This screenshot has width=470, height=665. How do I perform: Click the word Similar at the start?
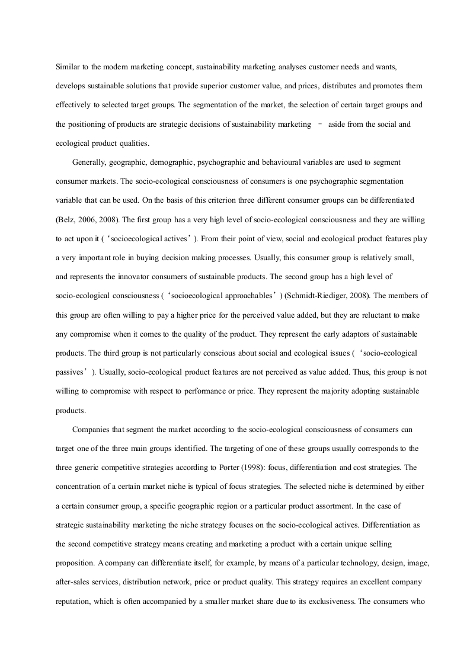pos(66,67)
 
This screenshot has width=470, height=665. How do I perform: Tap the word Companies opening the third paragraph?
pos(91,429)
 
